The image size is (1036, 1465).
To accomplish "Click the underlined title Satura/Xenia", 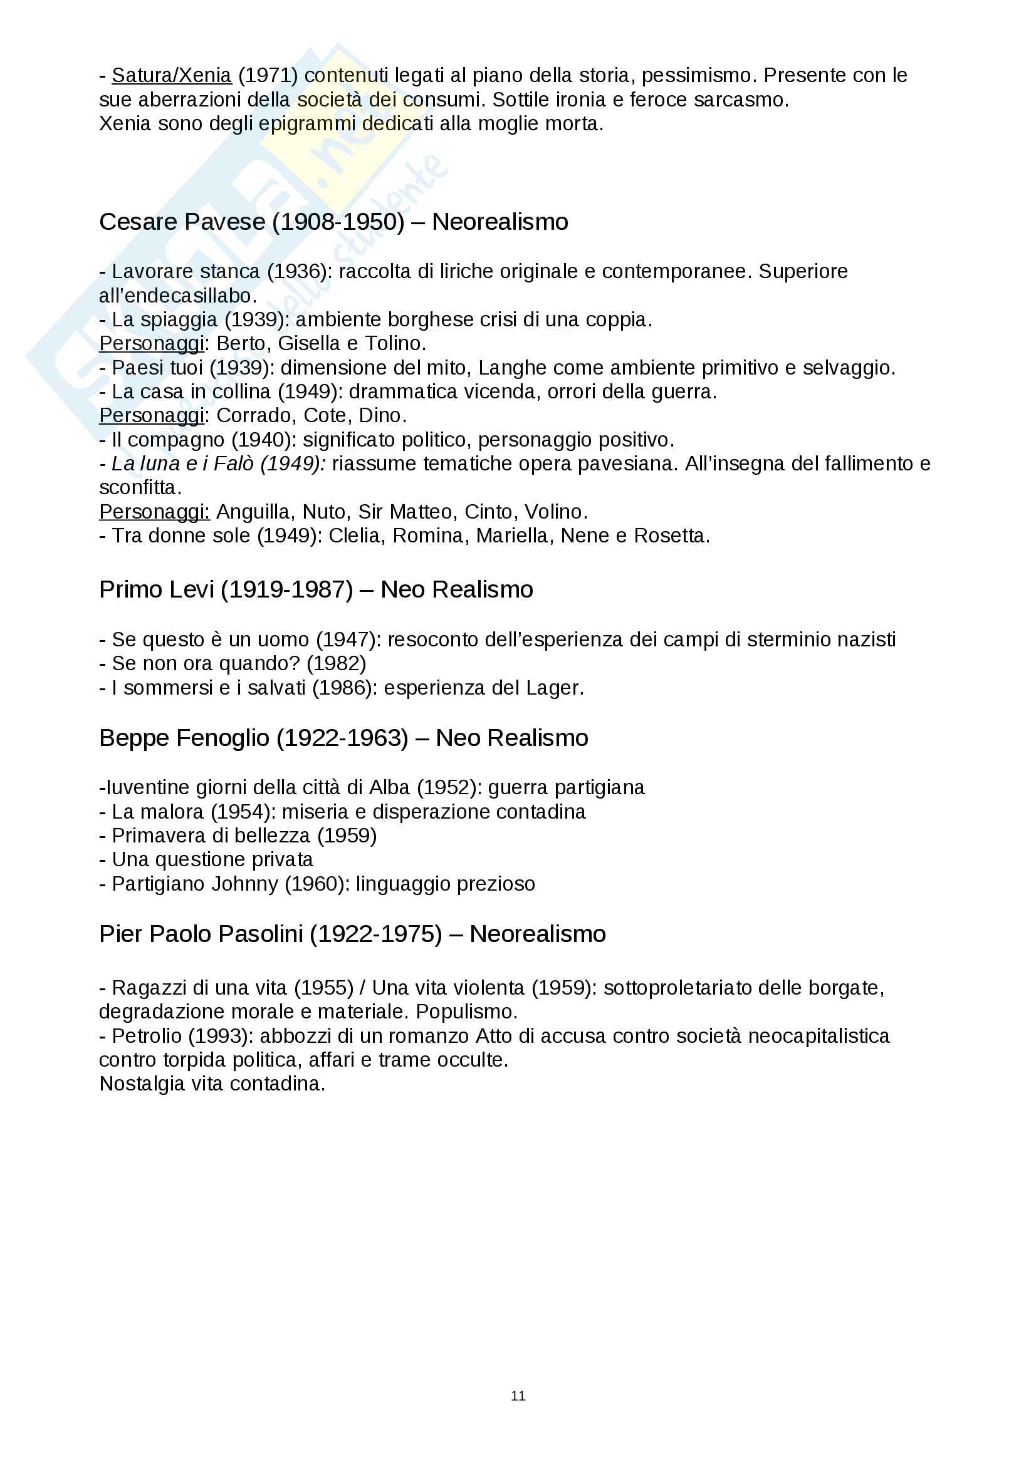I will point(171,75).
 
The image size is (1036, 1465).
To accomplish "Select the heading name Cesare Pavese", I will point(182,222).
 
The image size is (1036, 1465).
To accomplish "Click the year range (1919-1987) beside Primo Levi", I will point(286,589).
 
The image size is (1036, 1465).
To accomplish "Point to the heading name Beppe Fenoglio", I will point(184,738).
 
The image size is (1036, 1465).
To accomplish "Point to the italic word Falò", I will point(234,464).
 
